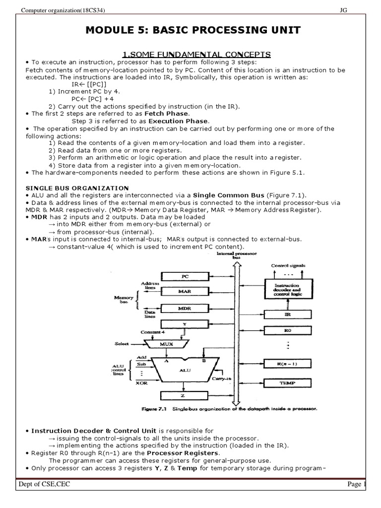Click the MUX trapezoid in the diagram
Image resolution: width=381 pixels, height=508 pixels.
(169, 343)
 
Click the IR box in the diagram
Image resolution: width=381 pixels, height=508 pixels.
(288, 314)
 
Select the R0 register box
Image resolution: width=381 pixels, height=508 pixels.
(288, 330)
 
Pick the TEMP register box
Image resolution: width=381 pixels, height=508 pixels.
(288, 382)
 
